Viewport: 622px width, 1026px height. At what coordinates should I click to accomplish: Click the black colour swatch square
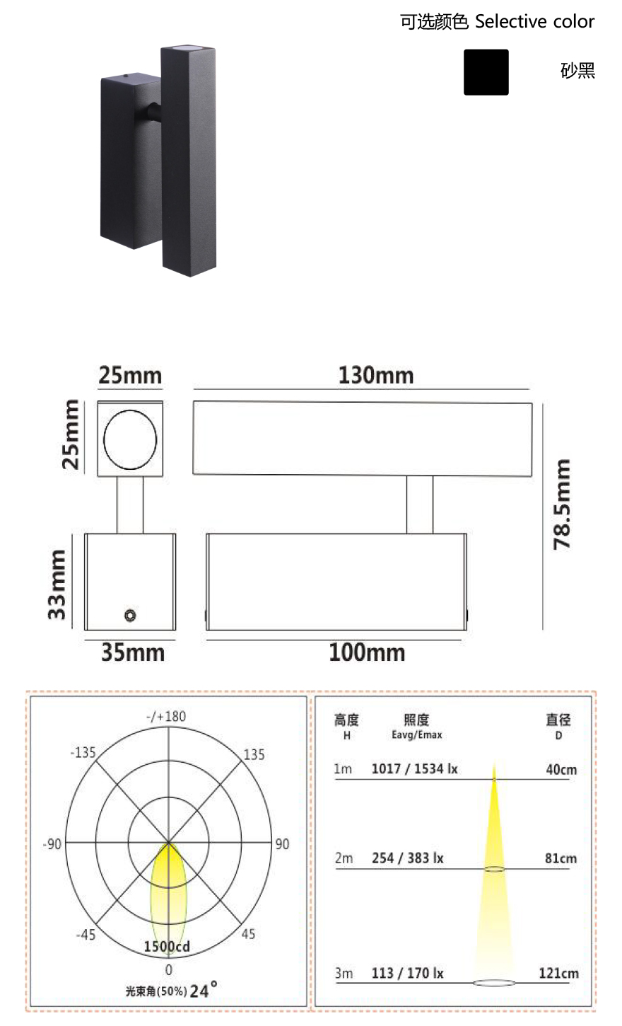pyautogui.click(x=486, y=72)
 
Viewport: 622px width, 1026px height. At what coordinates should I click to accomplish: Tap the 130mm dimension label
pyautogui.click(x=376, y=375)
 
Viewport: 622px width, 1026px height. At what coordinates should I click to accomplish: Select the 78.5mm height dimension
pyautogui.click(x=562, y=504)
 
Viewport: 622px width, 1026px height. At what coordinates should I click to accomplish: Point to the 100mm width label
pyautogui.click(x=367, y=652)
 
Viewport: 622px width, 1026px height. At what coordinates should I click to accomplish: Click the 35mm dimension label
pyautogui.click(x=133, y=652)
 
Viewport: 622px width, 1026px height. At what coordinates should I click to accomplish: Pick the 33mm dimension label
pyautogui.click(x=57, y=584)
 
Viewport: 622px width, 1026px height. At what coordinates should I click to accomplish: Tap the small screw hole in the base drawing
pyautogui.click(x=130, y=615)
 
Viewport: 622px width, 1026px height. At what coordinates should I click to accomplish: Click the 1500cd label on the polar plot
pyautogui.click(x=167, y=946)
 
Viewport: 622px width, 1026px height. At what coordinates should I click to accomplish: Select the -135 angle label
pyautogui.click(x=83, y=753)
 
